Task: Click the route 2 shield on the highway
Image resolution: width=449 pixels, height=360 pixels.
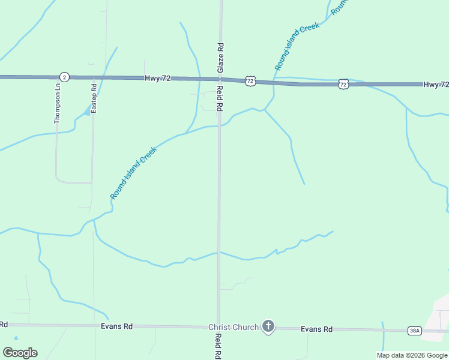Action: point(64,77)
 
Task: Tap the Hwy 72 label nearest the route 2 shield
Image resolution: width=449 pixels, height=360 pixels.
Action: point(158,79)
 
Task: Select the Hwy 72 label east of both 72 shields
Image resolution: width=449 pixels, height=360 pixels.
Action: point(435,85)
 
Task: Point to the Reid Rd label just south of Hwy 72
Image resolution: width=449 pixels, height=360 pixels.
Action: point(220,97)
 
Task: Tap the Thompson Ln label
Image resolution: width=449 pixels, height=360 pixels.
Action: point(58,103)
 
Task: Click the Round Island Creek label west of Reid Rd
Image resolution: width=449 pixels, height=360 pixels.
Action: point(133,173)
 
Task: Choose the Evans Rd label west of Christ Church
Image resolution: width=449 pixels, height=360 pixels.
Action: point(116,326)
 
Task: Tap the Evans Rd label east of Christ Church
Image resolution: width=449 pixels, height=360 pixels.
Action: point(316,329)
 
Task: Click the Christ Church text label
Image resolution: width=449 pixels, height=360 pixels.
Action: point(234,327)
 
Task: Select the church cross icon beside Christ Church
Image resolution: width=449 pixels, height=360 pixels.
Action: point(268,326)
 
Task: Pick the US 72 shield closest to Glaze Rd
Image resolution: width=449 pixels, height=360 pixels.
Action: point(250,80)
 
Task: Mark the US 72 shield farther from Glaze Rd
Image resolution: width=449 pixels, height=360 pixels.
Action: point(343,85)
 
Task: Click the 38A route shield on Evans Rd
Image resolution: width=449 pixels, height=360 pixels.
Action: point(414,331)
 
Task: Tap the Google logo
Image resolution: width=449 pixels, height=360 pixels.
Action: point(20,353)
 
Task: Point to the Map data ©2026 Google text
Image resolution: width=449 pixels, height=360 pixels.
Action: point(412,355)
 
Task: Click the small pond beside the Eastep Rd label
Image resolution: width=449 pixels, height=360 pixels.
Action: point(88,110)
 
